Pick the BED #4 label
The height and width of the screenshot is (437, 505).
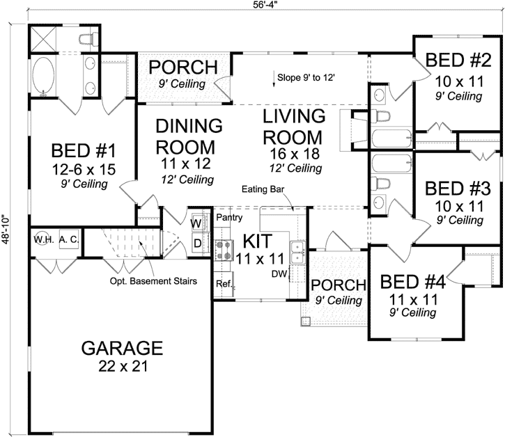[413, 281]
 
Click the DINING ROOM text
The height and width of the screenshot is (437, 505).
[189, 136]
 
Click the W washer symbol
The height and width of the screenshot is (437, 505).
[196, 223]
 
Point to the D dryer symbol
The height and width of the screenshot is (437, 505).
[196, 242]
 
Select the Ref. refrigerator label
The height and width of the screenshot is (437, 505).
[223, 285]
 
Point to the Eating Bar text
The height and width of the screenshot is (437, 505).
[263, 189]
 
